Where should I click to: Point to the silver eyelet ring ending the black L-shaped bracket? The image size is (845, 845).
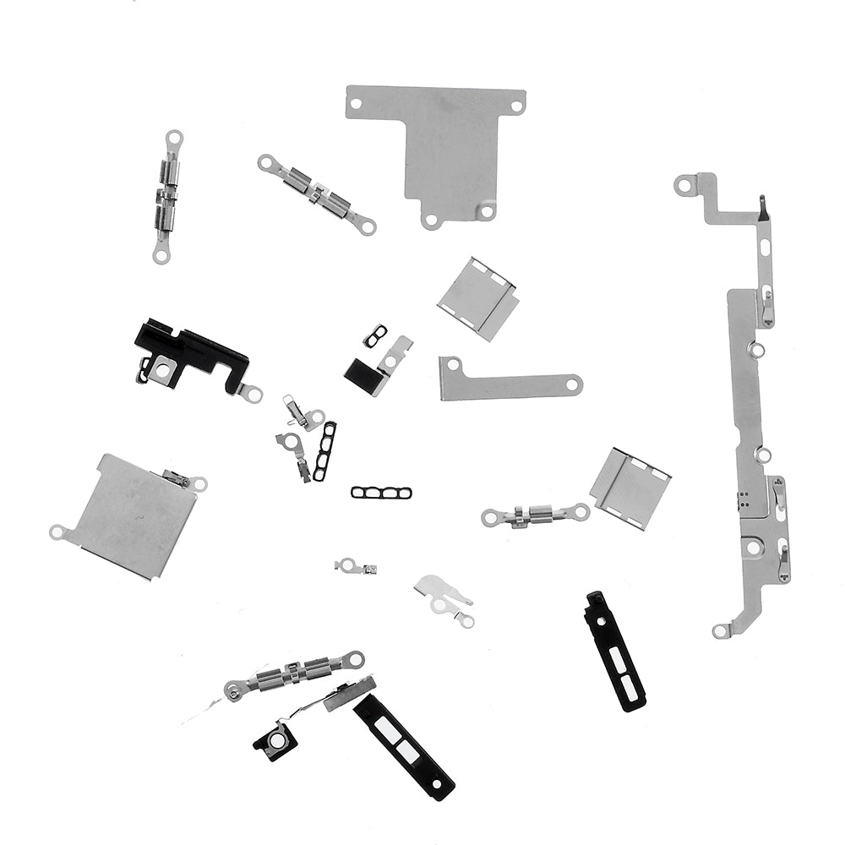coord(251,392)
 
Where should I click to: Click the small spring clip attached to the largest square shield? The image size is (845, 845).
coord(178,477)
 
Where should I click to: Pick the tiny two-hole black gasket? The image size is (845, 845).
coord(375,335)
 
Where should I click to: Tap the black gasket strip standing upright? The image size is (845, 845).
coord(324,451)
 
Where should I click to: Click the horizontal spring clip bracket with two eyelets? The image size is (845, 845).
coord(534,514)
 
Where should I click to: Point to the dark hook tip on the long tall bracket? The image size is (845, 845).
coord(762,203)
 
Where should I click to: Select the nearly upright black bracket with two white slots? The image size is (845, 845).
coord(615,650)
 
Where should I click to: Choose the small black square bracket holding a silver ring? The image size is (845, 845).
coord(275,741)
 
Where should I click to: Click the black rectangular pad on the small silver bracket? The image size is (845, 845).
coord(361,368)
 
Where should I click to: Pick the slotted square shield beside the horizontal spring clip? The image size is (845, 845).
coord(630,488)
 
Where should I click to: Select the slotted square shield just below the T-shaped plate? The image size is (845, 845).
coord(477,297)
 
